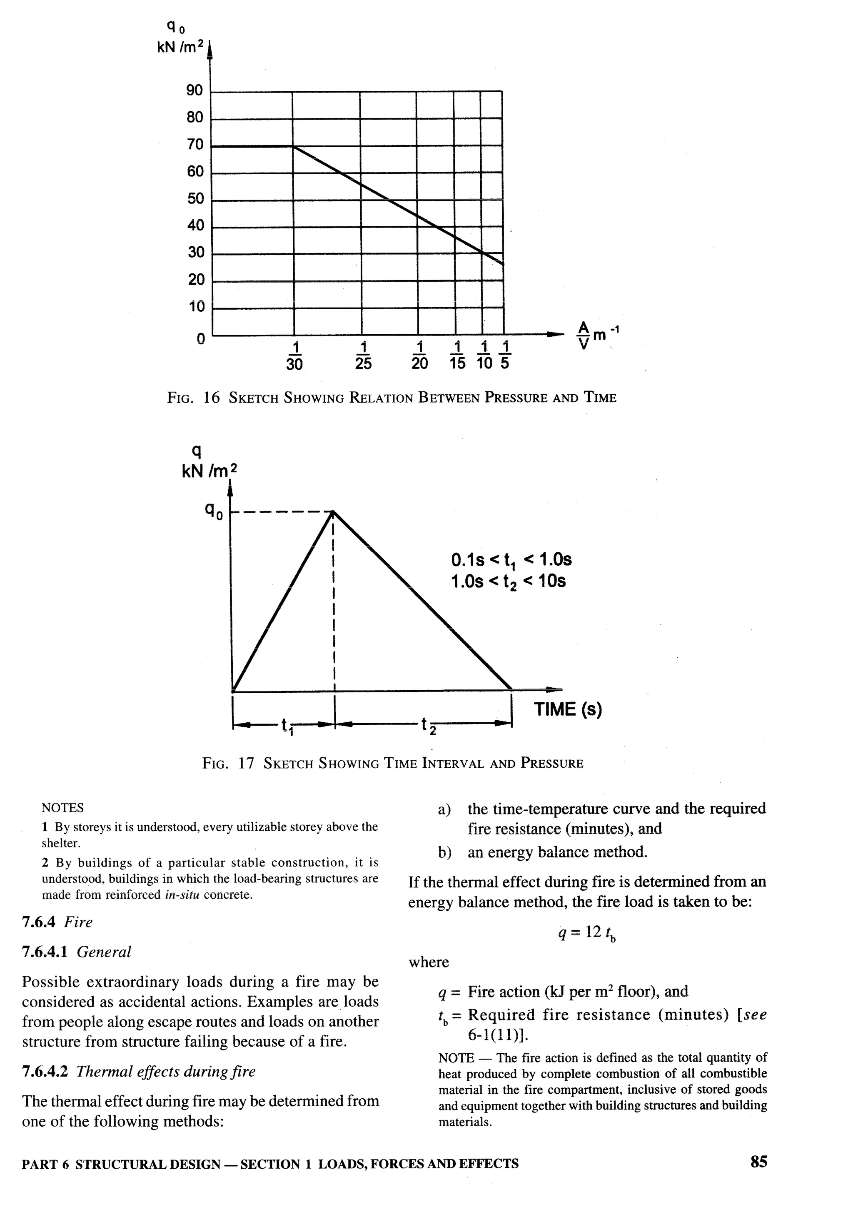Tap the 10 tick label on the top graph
click(x=196, y=306)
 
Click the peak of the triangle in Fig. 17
click(x=333, y=511)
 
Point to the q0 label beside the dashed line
click(x=214, y=511)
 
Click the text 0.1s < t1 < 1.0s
click(x=511, y=560)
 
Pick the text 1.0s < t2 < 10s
click(x=508, y=581)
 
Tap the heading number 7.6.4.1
click(x=45, y=952)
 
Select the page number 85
click(x=758, y=1162)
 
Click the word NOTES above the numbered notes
click(x=62, y=807)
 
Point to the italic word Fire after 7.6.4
click(x=78, y=922)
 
